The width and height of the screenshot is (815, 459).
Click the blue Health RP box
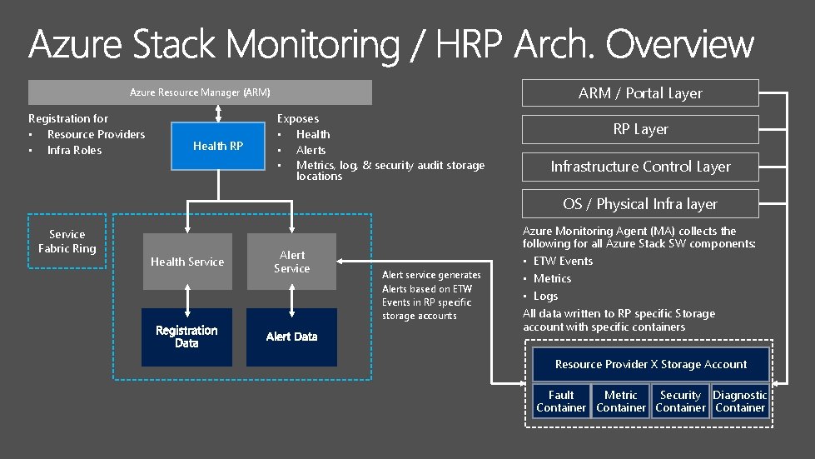pyautogui.click(x=217, y=146)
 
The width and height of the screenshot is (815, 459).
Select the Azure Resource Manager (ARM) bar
pyautogui.click(x=200, y=92)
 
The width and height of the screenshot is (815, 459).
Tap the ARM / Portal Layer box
pyautogui.click(x=639, y=93)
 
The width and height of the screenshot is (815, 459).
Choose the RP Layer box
pyautogui.click(x=639, y=129)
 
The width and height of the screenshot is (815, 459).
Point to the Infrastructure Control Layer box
pyautogui.click(x=639, y=167)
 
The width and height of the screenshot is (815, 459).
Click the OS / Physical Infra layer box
pyautogui.click(x=639, y=204)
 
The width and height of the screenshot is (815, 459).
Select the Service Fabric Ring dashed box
pyautogui.click(x=67, y=242)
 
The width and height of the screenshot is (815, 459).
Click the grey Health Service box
pyautogui.click(x=186, y=262)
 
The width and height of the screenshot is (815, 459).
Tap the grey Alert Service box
pyautogui.click(x=291, y=262)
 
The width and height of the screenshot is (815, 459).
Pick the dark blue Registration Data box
pyautogui.click(x=186, y=337)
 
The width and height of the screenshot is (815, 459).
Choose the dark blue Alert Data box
pyautogui.click(x=291, y=337)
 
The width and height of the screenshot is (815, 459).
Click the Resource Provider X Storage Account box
pyautogui.click(x=650, y=365)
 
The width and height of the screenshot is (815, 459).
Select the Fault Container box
pyautogui.click(x=561, y=402)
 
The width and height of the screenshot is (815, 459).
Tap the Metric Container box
pyautogui.click(x=620, y=402)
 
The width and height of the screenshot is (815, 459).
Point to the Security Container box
pyautogui.click(x=680, y=402)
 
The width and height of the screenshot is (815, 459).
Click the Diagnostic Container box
pyautogui.click(x=740, y=402)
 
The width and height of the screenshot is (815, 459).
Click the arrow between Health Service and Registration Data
pyautogui.click(x=186, y=299)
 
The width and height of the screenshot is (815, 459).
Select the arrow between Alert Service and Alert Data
pyautogui.click(x=291, y=299)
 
